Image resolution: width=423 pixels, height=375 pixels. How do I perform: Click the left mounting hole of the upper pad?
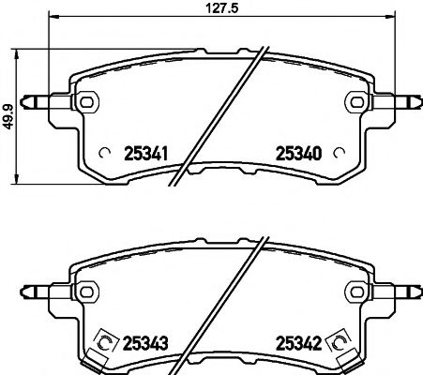(86, 100)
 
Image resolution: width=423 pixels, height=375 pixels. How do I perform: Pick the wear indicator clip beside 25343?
(104, 344)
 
